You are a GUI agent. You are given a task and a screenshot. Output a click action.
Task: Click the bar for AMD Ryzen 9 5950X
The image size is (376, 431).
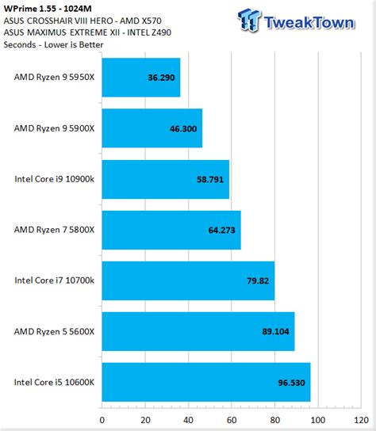[x=141, y=78]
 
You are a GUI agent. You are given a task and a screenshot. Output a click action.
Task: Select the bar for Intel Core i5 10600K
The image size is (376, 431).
[x=206, y=382]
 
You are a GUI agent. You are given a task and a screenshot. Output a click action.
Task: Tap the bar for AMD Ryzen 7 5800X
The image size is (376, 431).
[x=171, y=230]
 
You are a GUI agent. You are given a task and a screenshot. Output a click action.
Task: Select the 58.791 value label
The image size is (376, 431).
[x=210, y=179]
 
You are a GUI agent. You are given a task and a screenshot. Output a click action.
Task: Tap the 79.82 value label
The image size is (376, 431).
[x=258, y=280]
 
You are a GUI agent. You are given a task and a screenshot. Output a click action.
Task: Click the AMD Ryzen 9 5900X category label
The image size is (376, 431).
[x=54, y=128]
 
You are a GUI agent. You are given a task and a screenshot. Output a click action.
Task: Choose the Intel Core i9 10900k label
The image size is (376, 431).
[x=54, y=179]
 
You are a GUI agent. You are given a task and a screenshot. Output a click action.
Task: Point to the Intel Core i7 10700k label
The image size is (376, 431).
[x=54, y=280]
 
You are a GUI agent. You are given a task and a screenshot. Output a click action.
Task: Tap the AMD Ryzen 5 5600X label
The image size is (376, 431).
[x=54, y=331]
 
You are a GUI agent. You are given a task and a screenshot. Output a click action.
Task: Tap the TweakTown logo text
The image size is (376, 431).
[x=313, y=21]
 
